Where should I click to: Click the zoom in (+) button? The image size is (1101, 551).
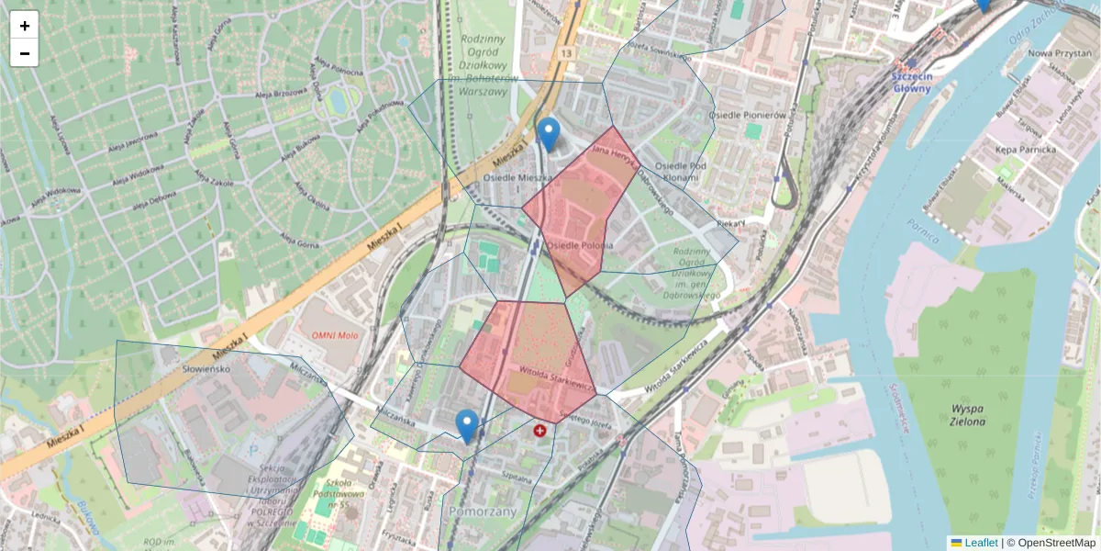point(25,26)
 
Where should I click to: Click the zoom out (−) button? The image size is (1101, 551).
point(25,53)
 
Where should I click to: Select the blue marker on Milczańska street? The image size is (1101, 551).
point(467,426)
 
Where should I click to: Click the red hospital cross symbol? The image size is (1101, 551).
point(539,429)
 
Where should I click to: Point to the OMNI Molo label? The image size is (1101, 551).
point(334,335)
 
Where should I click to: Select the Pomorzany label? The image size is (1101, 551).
point(479,511)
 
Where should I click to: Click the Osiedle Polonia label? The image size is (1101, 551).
point(579,246)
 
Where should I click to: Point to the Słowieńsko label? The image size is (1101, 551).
point(156,368)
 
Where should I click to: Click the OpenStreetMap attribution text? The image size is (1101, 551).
point(1051,543)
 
